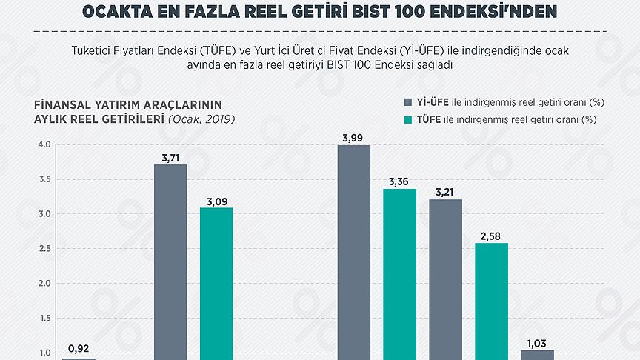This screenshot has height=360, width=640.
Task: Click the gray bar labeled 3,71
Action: click(170, 259)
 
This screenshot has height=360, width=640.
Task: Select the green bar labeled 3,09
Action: click(216, 281)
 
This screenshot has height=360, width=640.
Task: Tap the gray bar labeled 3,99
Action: click(353, 252)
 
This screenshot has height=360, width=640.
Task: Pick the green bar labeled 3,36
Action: click(399, 274)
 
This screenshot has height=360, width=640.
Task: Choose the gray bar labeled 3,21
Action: click(445, 278)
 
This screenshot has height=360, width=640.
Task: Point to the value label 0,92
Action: click(79, 348)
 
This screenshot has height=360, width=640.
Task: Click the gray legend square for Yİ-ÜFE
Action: click(408, 102)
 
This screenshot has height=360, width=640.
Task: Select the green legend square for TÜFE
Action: click(408, 119)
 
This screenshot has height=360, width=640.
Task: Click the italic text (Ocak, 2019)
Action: click(201, 119)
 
